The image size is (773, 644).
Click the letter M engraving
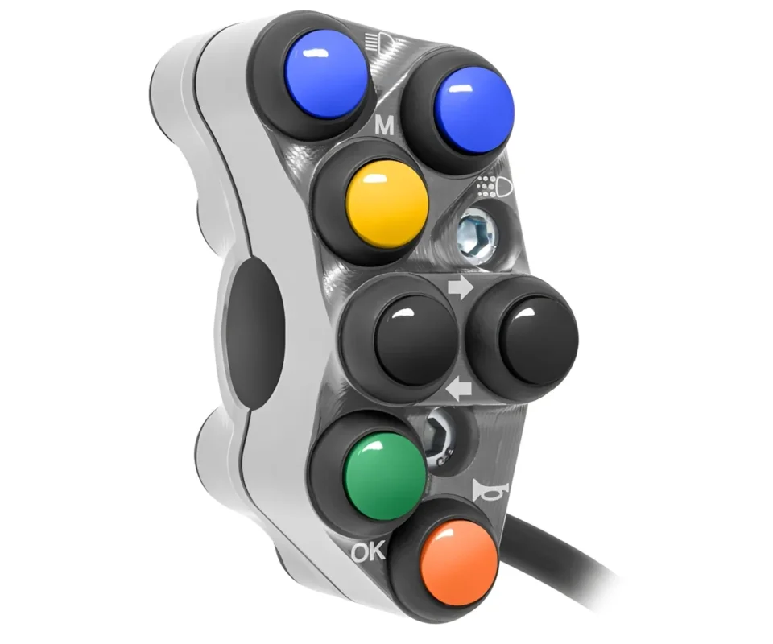coord(385,126)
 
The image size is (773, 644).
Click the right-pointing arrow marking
coord(460,289)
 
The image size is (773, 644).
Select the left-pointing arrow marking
coord(458,392)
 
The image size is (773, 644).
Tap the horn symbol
coord(484,491)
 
